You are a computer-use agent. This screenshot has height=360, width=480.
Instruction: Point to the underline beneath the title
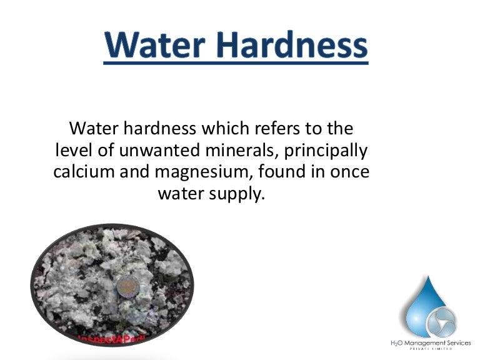pos(236,62)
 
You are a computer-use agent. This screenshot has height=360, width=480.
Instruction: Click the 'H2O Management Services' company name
pos(431,342)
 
